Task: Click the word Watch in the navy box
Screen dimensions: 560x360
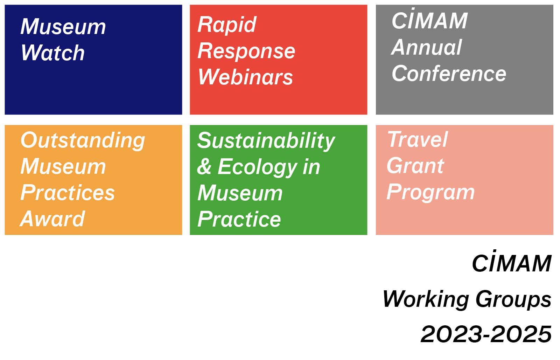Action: click(53, 53)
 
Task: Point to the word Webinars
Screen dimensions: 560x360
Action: click(245, 77)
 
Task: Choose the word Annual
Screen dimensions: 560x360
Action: click(427, 47)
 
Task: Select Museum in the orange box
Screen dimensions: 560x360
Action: click(63, 166)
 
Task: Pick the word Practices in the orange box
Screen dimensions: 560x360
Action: click(68, 192)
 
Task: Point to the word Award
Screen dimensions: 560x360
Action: click(52, 219)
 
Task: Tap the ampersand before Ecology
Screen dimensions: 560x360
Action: click(204, 166)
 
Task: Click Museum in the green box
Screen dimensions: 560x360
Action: click(240, 193)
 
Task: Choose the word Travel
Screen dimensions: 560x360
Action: click(417, 139)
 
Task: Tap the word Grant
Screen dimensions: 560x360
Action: click(415, 166)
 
